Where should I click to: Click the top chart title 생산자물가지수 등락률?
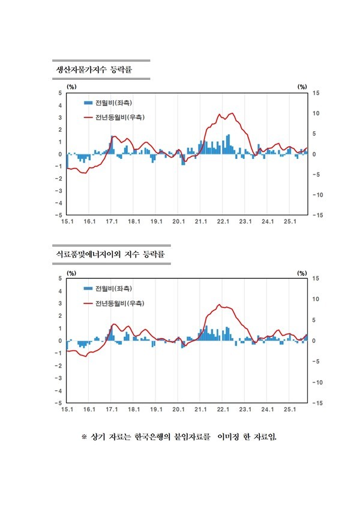[x=93, y=71]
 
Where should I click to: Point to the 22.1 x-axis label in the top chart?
[x=223, y=222]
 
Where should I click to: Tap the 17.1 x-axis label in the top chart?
[x=112, y=222]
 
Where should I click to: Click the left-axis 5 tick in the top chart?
[x=59, y=93]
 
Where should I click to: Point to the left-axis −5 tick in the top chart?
[x=58, y=215]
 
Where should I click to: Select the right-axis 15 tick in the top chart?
[x=316, y=93]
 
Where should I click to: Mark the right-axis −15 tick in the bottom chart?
[x=317, y=403]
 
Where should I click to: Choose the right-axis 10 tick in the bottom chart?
[x=316, y=299]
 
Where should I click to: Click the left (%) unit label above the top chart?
[x=71, y=86]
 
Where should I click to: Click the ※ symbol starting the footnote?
[x=84, y=436]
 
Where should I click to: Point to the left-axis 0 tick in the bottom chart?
[x=59, y=341]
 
